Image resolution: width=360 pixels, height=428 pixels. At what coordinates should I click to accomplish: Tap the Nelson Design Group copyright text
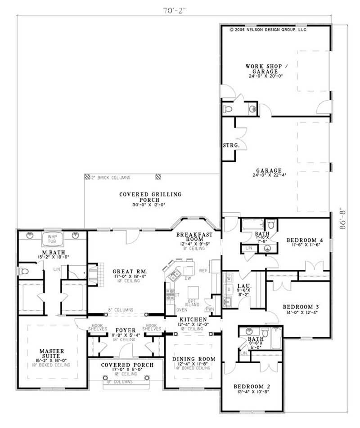[268, 30]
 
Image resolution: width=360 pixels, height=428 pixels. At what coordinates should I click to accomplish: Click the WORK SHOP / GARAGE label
[264, 69]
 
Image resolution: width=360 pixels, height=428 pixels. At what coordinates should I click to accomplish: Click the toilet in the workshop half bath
[227, 109]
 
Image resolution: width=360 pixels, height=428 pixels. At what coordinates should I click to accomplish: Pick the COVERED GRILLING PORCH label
[144, 197]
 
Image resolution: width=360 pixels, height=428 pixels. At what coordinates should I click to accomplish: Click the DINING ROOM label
[194, 359]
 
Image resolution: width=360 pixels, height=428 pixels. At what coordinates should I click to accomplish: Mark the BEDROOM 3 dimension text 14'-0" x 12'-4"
[301, 313]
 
